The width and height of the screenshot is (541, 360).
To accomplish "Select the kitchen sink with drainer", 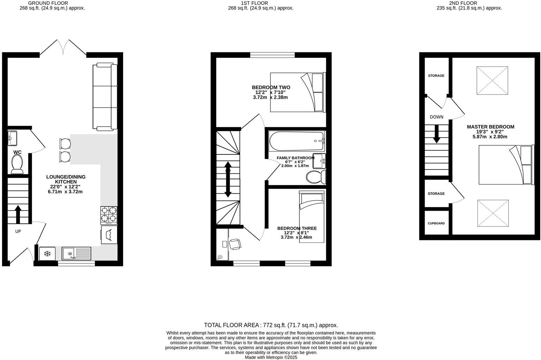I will click(77, 253).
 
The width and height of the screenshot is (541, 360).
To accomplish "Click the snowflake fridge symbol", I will click(47, 253).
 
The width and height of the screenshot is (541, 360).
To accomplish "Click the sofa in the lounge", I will click(105, 97).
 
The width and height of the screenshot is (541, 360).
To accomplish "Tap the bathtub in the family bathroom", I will click(297, 141).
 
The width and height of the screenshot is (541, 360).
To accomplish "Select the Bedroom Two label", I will click(271, 88).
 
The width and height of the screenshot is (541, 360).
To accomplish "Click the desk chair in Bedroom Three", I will click(235, 244).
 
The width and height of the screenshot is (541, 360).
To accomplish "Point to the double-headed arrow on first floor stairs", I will click(228, 179).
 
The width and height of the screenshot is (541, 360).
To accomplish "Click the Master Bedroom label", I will click(490, 127).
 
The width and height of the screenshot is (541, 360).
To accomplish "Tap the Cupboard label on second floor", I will click(436, 223).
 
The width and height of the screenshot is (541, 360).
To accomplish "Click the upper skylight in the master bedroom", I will click(492, 80).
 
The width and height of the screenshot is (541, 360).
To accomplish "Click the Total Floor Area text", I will click(271, 325).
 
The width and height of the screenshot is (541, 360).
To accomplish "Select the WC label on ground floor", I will click(17, 152).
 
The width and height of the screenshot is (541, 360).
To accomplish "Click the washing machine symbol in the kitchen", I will click(109, 235).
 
